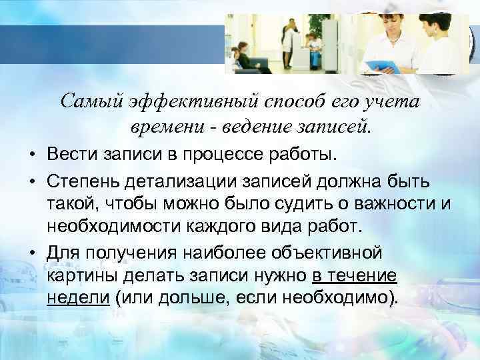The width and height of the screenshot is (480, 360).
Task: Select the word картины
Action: click(x=79, y=276)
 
